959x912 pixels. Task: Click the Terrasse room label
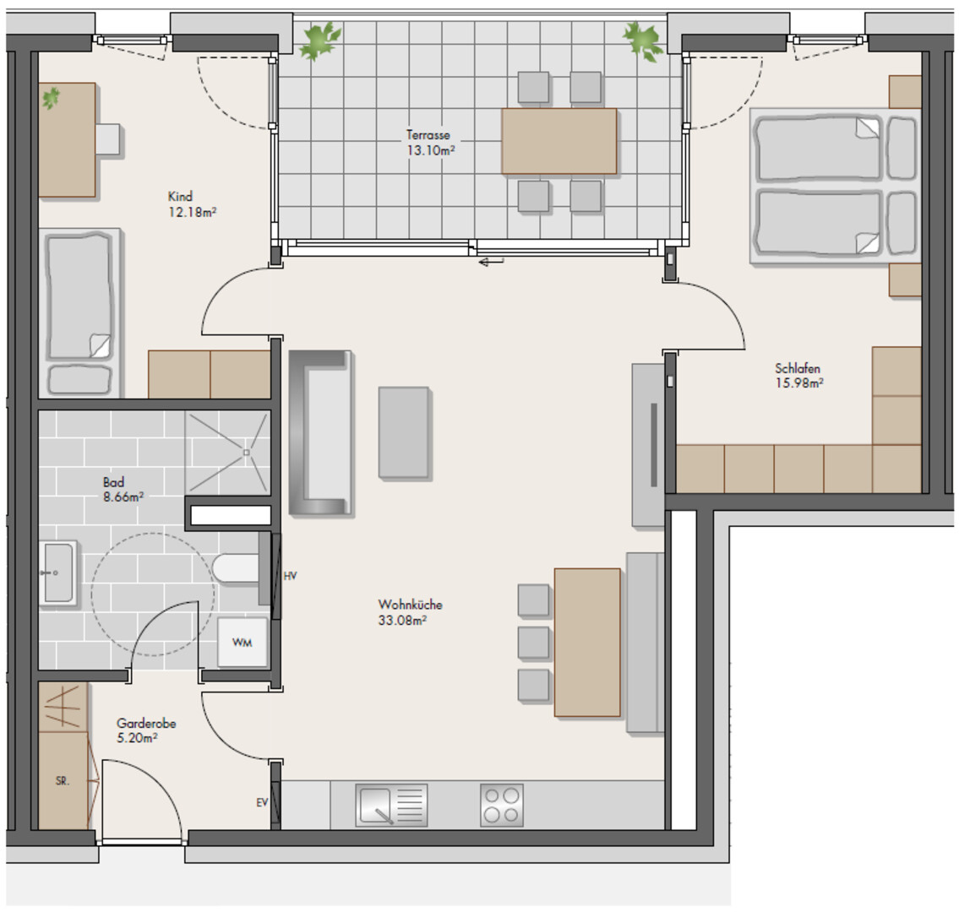pyautogui.click(x=428, y=135)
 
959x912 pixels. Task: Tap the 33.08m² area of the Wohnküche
pyautogui.click(x=402, y=621)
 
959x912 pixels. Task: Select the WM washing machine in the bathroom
pyautogui.click(x=242, y=642)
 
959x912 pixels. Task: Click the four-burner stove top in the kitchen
pyautogui.click(x=502, y=805)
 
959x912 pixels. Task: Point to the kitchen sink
pyautogui.click(x=391, y=805)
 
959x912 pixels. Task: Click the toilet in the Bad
pyautogui.click(x=236, y=568)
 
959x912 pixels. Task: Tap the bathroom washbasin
pyautogui.click(x=58, y=573)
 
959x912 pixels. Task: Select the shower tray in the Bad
pyautogui.click(x=227, y=453)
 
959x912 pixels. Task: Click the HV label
pyautogui.click(x=291, y=576)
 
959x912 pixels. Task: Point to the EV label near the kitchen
pyautogui.click(x=263, y=802)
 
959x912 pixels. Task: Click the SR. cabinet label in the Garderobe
pyautogui.click(x=63, y=780)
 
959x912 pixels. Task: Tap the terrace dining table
pyautogui.click(x=559, y=141)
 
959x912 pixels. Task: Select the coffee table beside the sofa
pyautogui.click(x=404, y=432)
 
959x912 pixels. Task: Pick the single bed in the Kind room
pyautogui.click(x=79, y=313)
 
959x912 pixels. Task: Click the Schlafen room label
pyautogui.click(x=798, y=368)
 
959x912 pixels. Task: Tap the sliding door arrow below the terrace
pyautogui.click(x=491, y=263)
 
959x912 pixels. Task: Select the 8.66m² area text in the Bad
pyautogui.click(x=123, y=497)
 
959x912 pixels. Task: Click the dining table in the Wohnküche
pyautogui.click(x=587, y=642)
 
